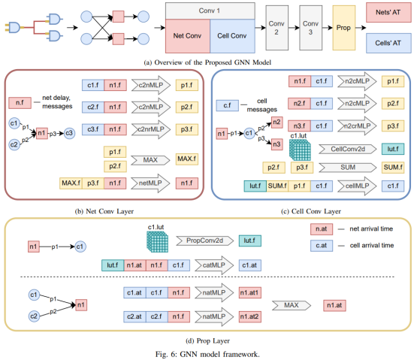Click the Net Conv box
188,36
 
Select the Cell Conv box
232,36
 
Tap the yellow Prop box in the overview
344,28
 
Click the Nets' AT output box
388,12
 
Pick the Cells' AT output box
388,43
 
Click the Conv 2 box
276,28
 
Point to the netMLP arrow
150,183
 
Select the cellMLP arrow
357,186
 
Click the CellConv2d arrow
348,149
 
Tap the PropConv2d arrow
205,241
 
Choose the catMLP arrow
214,265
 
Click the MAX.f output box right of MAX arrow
186,159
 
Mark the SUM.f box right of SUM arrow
393,168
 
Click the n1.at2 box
250,316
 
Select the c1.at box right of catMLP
250,265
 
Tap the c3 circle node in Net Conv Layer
69,133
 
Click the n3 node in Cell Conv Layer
276,144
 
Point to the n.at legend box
322,229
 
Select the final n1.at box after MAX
334,305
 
